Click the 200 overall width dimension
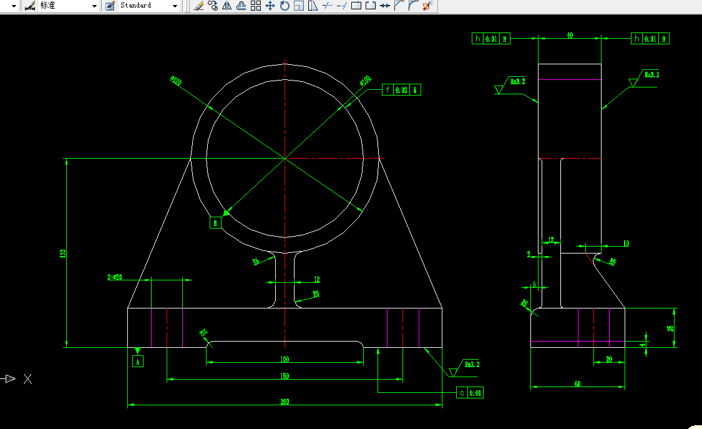coord(285,402)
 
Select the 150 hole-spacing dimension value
coord(285,376)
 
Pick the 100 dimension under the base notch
coord(285,359)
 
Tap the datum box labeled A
coord(138,360)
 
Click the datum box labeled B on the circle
coord(215,222)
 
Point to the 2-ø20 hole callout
coord(115,277)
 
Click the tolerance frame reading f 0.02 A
coord(402,90)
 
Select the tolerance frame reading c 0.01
coord(470,393)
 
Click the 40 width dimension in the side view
coord(570,36)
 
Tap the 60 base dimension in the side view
coord(577,384)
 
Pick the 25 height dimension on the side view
coord(670,327)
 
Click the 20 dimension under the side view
coord(609,359)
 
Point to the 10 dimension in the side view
coord(626,244)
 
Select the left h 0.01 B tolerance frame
coord(491,39)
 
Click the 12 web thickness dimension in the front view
coord(316,279)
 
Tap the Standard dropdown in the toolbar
coord(149,6)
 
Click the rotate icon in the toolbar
coord(285,6)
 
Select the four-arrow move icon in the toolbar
coord(270,6)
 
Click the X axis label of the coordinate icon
coord(27,378)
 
